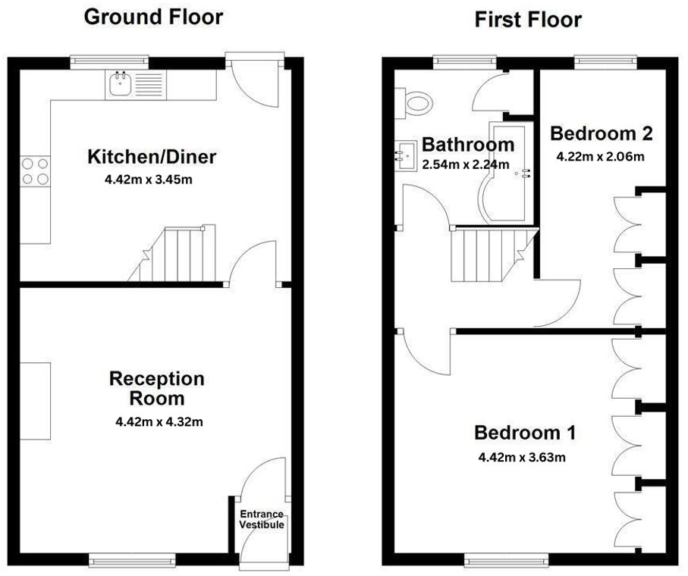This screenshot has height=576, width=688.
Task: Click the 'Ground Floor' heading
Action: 153,17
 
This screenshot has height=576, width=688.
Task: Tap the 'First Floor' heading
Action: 528,20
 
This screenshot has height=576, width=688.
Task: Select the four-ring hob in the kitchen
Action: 35,171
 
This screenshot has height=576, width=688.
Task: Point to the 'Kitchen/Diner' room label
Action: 152,158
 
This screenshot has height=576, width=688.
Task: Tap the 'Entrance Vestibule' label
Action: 262,519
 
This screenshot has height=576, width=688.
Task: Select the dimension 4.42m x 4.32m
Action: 157,421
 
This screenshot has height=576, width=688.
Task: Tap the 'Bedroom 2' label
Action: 601,134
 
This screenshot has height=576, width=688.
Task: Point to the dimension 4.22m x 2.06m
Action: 601,157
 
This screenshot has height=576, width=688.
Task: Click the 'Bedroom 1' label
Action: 525,434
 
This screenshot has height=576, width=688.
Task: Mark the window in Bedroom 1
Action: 507,560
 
